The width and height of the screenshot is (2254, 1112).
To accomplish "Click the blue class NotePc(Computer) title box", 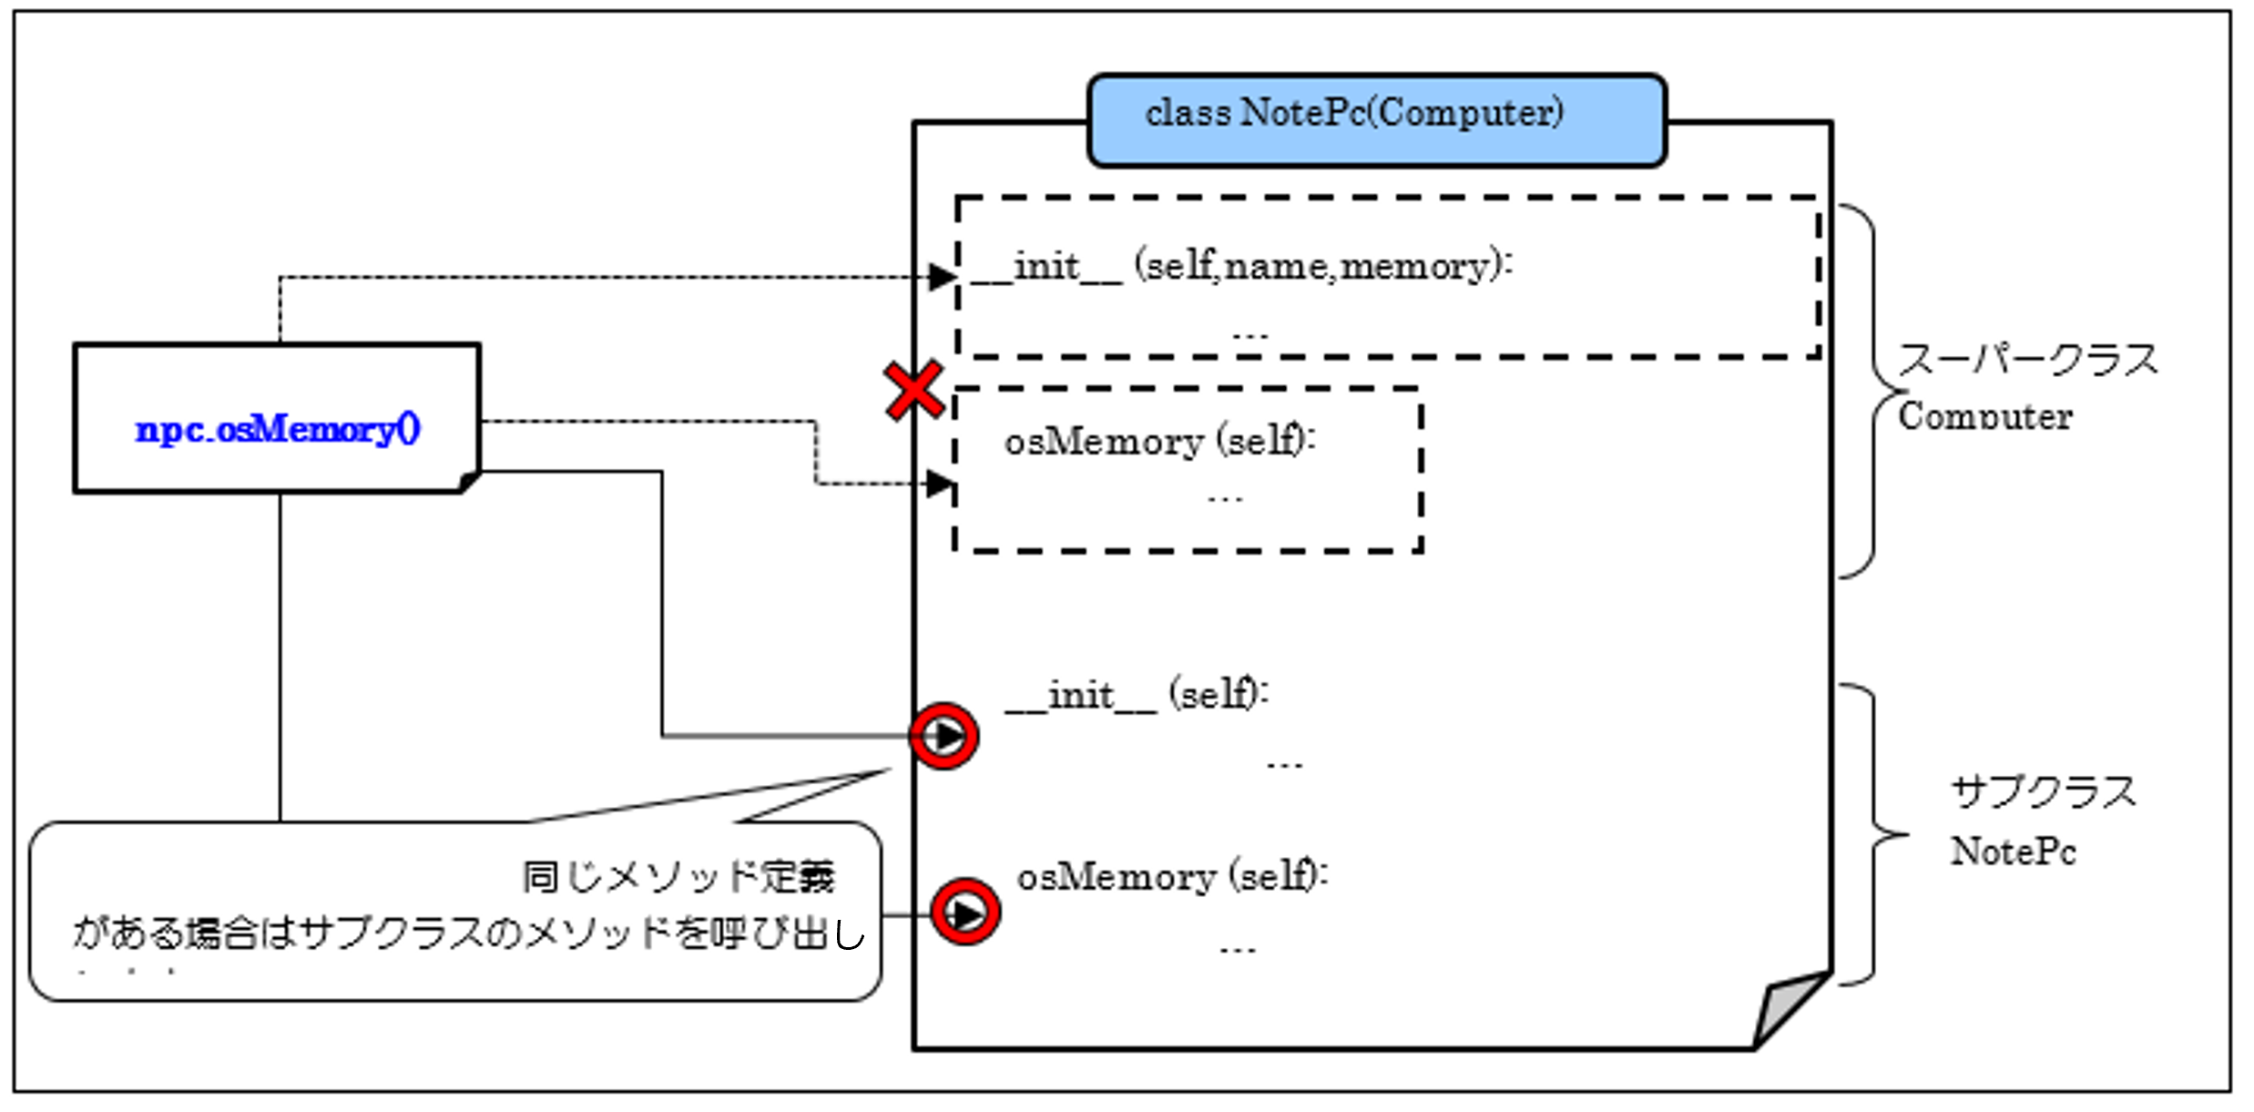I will (1376, 120).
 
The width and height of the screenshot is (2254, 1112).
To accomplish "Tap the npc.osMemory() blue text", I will (278, 429).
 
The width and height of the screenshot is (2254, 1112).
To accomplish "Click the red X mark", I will (913, 391).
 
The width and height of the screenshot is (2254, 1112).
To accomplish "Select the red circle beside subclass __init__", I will (944, 736).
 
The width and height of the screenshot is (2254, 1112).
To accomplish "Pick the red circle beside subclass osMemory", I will (965, 912).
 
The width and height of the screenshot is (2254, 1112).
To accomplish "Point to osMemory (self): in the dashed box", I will (1159, 442).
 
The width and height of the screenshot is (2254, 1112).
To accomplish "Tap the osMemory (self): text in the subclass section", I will (1172, 877).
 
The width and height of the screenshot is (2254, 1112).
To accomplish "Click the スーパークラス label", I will (2027, 361).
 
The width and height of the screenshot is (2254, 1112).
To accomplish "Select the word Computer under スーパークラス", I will (1985, 417).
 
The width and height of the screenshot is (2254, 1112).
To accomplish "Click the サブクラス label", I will (2043, 792).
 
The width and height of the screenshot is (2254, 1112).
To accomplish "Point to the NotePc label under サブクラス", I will (2013, 852).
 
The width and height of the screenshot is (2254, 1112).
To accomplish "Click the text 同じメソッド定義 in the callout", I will (678, 877).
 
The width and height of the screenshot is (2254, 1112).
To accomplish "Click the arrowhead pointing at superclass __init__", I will (942, 277).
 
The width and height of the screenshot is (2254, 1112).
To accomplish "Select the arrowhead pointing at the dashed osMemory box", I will (939, 484).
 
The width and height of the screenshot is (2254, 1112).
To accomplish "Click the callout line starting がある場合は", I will (468, 933).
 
